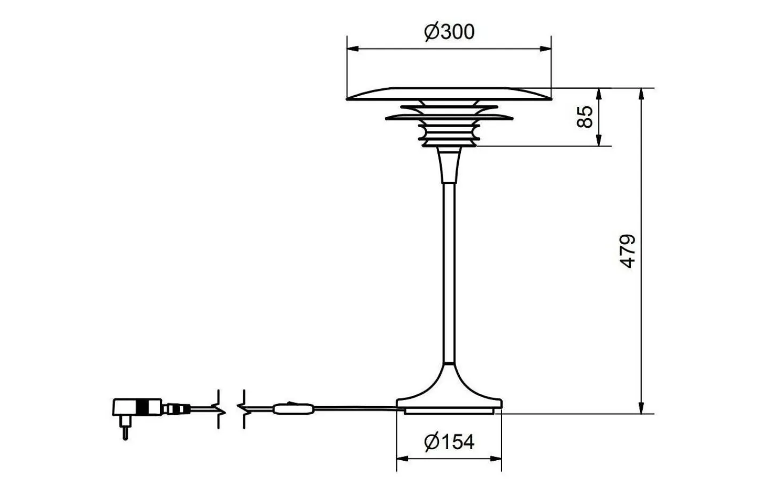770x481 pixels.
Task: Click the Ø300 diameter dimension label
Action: click(x=449, y=32)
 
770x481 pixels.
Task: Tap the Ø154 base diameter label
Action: click(x=449, y=442)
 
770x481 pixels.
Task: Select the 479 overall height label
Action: click(x=628, y=251)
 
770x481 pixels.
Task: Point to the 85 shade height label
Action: click(x=586, y=117)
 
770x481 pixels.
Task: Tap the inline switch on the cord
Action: click(x=294, y=410)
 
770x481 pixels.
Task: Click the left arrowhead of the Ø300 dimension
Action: click(x=353, y=49)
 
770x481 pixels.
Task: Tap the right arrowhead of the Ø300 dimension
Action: click(x=545, y=49)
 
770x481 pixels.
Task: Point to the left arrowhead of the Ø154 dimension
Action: click(x=402, y=459)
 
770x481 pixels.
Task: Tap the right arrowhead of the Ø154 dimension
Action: click(x=496, y=459)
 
